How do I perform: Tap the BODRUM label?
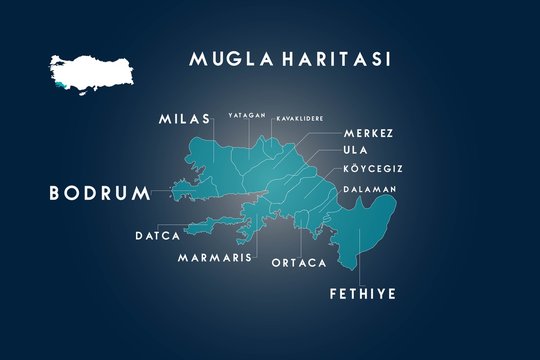point(98,192)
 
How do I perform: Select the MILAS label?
point(184,119)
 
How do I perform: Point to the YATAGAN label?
point(246,116)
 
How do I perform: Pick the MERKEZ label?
point(368,133)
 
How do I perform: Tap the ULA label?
point(356,151)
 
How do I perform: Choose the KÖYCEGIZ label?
point(371,169)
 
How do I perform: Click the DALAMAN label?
point(370,189)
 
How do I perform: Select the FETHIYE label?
point(363,294)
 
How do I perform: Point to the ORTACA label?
point(299,263)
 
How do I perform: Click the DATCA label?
point(157,237)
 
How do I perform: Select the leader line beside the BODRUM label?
point(160,191)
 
